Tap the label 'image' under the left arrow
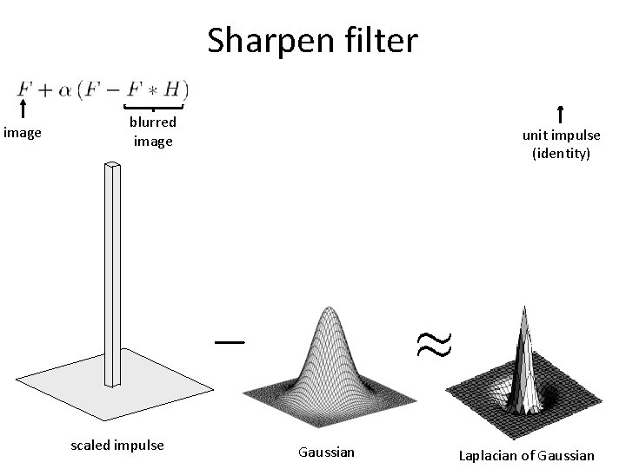point(23,133)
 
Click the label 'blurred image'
point(153,131)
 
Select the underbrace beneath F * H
point(154,108)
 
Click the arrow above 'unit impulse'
point(561,114)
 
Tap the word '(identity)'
point(561,153)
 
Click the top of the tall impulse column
point(112,166)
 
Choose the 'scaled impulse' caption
point(117,446)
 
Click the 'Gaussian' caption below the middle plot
point(326,452)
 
